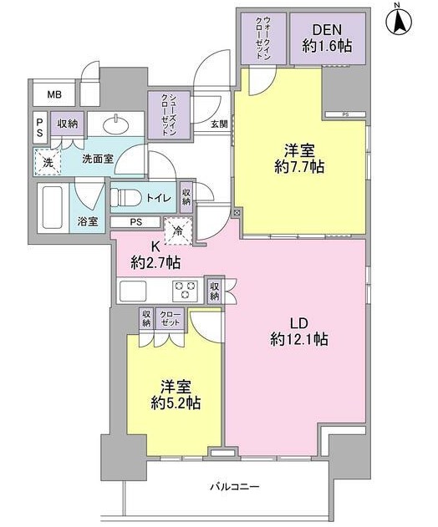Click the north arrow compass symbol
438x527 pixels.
pos(400,20)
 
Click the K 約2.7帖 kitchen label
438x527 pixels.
pos(155,256)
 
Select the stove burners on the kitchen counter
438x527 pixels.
pos(184,290)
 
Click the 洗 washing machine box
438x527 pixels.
pos(48,163)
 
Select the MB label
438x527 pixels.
pos(53,94)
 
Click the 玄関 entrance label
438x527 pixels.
pos(218,124)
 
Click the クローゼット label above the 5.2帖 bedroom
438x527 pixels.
pos(171,319)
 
